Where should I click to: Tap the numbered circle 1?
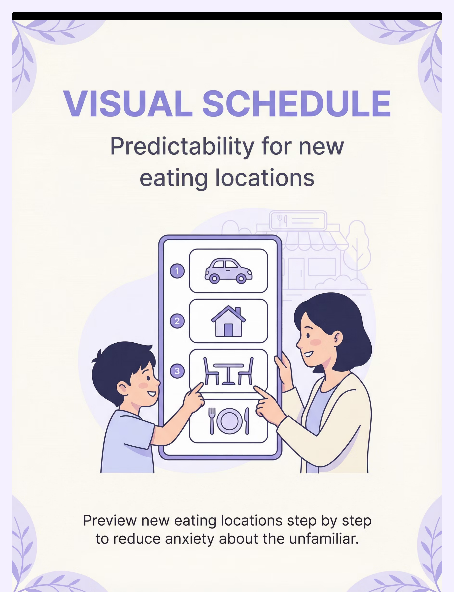tap(177, 271)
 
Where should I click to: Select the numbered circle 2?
tap(177, 321)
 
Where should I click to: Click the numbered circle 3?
tap(177, 371)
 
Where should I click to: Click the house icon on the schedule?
tap(228, 321)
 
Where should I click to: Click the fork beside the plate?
tap(212, 421)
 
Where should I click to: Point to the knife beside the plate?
tap(247, 421)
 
